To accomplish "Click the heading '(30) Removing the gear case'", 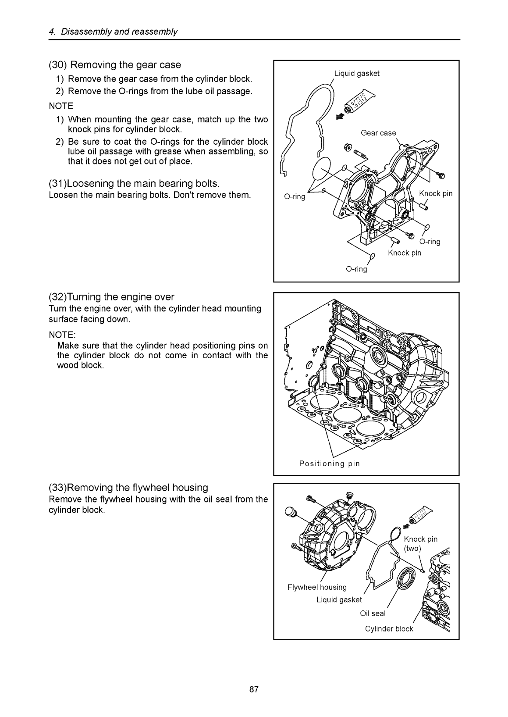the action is click(x=115, y=64).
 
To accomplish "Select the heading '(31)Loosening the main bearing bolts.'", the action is click(x=134, y=183).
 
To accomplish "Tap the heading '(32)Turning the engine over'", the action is click(x=111, y=297).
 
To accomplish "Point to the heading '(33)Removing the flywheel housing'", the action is click(x=128, y=488).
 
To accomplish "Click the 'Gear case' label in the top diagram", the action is click(x=378, y=133).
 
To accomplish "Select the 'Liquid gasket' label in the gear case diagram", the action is click(x=357, y=73).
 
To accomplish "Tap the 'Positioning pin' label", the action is click(x=329, y=464).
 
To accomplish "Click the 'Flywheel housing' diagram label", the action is click(x=317, y=587).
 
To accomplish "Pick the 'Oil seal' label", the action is click(x=373, y=614).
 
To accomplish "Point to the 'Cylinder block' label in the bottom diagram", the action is click(x=389, y=629).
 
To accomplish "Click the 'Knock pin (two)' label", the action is click(x=420, y=543).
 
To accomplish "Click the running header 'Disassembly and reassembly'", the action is click(x=119, y=32).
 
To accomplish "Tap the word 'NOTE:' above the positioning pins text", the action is click(x=62, y=335).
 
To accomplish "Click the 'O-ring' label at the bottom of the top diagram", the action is click(x=356, y=269).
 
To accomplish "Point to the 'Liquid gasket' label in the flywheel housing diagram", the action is click(x=339, y=599).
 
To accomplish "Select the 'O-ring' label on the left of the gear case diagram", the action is click(x=295, y=196).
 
